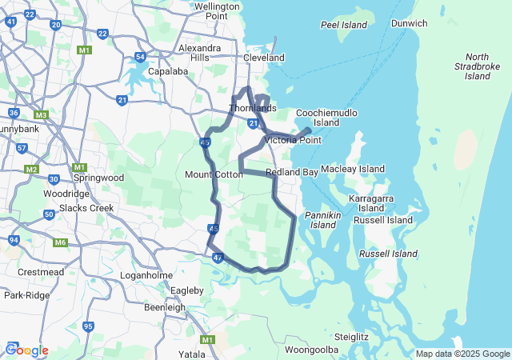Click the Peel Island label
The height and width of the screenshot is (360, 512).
tap(343, 25)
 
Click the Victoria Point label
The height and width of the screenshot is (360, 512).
tap(293, 140)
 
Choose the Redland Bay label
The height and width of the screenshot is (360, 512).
tap(292, 172)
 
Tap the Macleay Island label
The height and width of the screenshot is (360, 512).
tap(353, 170)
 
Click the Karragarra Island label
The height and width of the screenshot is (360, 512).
tap(371, 202)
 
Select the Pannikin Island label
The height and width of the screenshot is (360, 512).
tap(322, 220)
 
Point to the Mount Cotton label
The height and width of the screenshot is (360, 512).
tap(214, 174)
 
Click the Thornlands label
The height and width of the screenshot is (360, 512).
tap(252, 108)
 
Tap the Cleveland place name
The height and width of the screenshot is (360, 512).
tap(264, 58)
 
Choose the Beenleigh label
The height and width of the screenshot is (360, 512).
tap(165, 307)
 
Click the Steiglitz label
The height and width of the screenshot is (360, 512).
tap(351, 337)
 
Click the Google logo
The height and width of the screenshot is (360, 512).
tap(27, 350)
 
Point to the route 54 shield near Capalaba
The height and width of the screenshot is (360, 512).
tap(140, 57)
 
